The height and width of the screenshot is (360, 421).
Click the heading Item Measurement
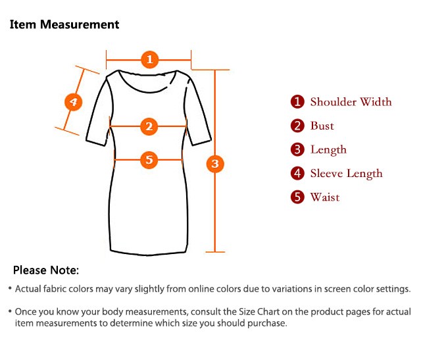point(64,25)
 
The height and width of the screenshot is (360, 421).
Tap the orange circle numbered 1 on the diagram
point(149,60)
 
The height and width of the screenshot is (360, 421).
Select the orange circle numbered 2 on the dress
point(149,126)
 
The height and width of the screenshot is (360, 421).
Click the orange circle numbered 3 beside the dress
point(215,163)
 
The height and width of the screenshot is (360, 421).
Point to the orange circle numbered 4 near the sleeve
point(74,102)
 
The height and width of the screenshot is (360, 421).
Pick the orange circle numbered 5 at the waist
point(149,159)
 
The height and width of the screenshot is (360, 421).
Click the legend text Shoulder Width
point(351,102)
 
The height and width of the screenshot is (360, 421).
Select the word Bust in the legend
point(322,126)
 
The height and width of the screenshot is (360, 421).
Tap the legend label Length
point(328,150)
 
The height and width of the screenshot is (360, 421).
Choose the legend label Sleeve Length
point(346,174)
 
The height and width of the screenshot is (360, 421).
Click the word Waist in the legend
point(325,197)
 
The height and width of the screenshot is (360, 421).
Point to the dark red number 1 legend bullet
point(298,102)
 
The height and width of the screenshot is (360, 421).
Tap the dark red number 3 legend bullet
point(298,150)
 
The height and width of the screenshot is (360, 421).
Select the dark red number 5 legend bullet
point(298,197)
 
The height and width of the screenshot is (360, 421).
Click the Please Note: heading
point(46,270)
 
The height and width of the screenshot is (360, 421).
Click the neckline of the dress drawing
point(149,83)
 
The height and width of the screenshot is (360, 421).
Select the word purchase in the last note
point(267,323)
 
